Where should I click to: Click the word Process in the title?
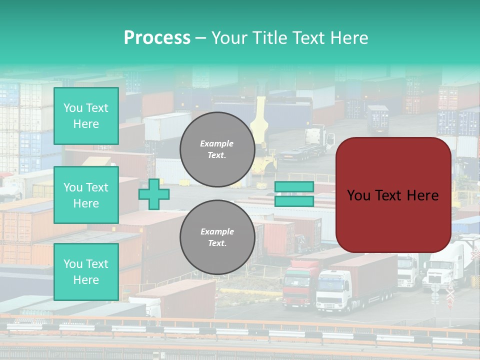coord(157,38)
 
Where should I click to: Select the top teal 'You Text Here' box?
coord(86,116)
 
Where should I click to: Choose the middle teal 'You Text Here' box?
coord(86,195)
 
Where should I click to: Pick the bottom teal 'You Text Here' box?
coord(86,271)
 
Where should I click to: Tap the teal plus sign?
coord(154,194)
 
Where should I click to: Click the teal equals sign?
coord(294,194)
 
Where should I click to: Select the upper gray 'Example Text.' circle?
coord(217,149)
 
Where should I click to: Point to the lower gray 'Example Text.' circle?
coord(217,237)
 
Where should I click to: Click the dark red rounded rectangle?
coord(393,195)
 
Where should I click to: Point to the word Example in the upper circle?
coord(217,143)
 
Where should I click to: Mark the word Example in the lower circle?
coord(217,231)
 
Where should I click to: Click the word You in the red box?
coord(358,195)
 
